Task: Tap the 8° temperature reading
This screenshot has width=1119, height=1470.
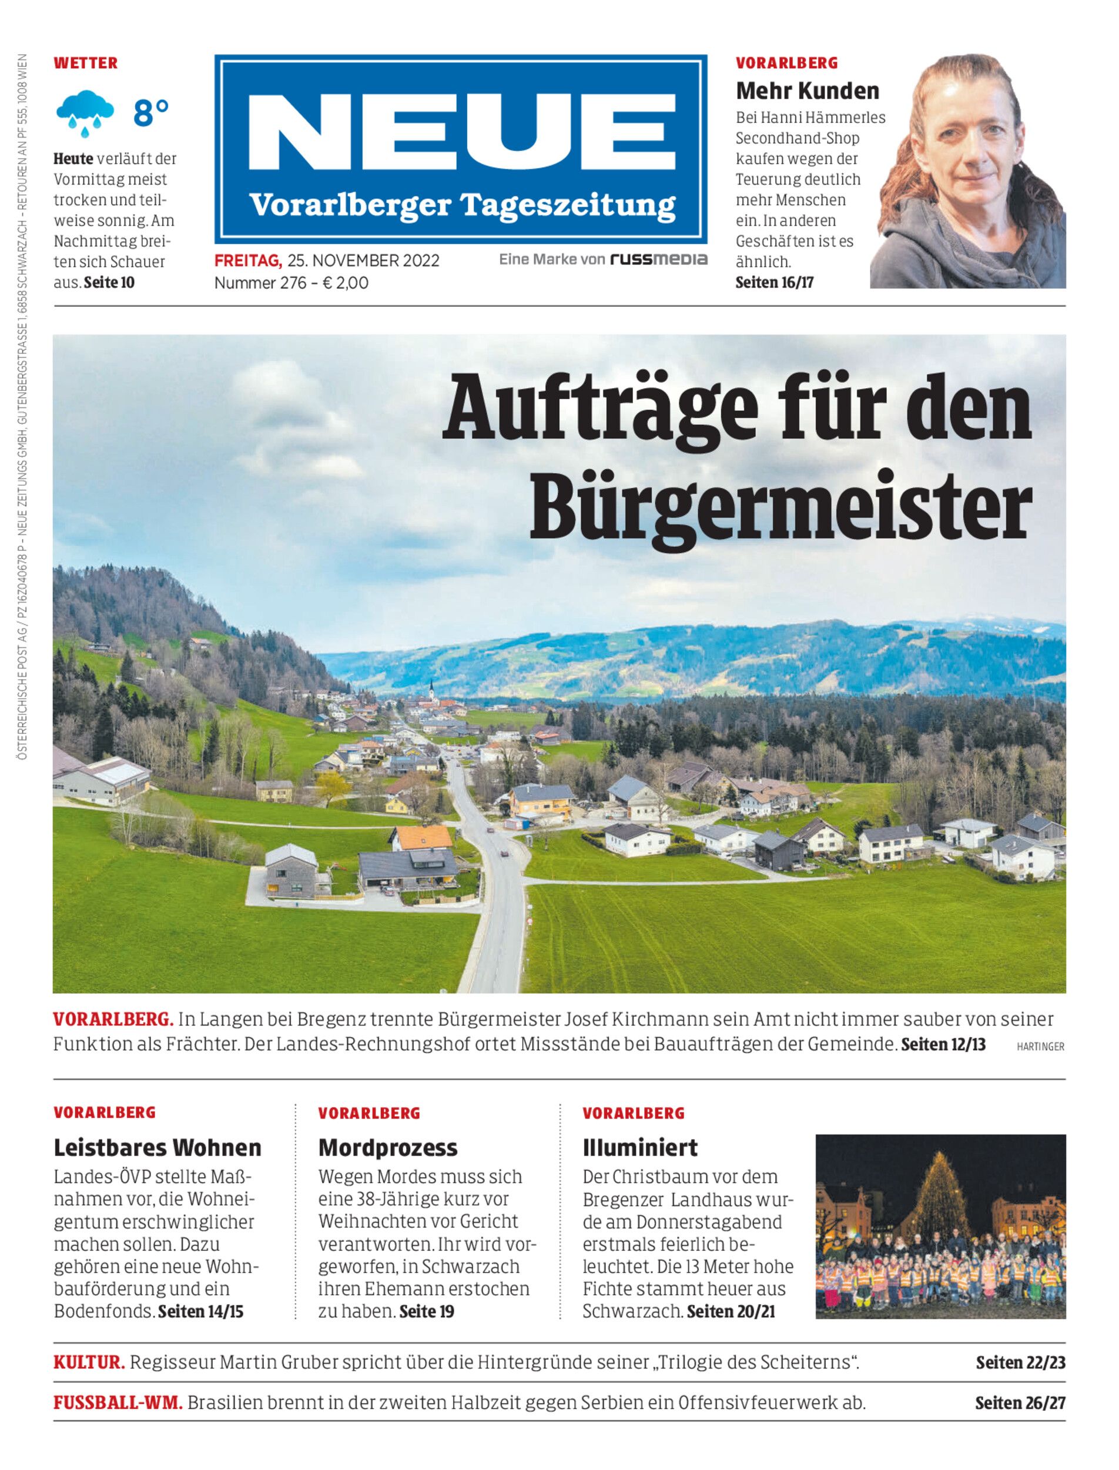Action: pyautogui.click(x=150, y=113)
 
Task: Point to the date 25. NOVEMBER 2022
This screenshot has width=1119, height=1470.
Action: pyautogui.click(x=363, y=260)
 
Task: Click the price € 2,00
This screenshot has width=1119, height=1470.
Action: pyautogui.click(x=345, y=283)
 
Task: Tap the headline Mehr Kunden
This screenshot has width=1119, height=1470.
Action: pyautogui.click(x=808, y=90)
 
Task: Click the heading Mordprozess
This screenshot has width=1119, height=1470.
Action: pyautogui.click(x=388, y=1147)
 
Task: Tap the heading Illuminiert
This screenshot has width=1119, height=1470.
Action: pyautogui.click(x=639, y=1147)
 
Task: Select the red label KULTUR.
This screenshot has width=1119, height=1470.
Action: pyautogui.click(x=89, y=1362)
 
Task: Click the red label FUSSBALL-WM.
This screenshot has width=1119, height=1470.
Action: pyautogui.click(x=117, y=1403)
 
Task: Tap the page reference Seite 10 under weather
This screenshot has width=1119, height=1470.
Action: pyautogui.click(x=109, y=283)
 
